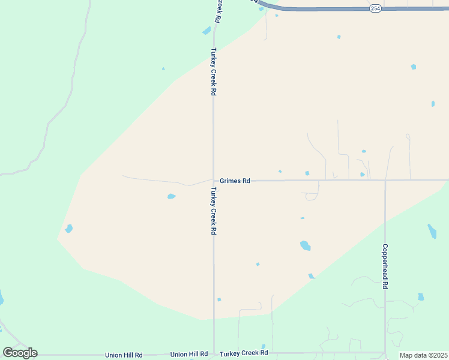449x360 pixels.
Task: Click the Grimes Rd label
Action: [x=235, y=181]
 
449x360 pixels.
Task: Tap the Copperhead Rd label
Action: [x=385, y=266]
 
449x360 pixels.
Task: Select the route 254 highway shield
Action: [x=375, y=9]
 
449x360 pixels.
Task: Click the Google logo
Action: [x=20, y=353]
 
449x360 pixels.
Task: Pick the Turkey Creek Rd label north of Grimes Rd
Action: [x=213, y=72]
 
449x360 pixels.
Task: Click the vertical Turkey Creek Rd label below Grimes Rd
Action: [x=213, y=211]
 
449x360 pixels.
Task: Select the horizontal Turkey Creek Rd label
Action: [x=243, y=353]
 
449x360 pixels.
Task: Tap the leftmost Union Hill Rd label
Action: [x=124, y=355]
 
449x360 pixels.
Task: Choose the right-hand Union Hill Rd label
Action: [x=189, y=355]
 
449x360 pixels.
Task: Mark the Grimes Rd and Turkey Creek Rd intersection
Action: [x=214, y=180]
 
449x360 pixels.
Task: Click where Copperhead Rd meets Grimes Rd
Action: [x=385, y=180]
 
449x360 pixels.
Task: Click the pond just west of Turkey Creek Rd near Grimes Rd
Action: [x=171, y=196]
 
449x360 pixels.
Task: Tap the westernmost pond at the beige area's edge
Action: [x=69, y=229]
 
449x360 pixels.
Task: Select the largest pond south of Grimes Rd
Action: [x=305, y=245]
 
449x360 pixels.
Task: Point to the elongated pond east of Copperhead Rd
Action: [x=432, y=231]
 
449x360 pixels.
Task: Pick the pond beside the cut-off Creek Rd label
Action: [x=206, y=31]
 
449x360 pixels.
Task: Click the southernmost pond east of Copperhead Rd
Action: [x=421, y=296]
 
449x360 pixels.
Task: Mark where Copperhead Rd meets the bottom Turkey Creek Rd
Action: [x=385, y=353]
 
